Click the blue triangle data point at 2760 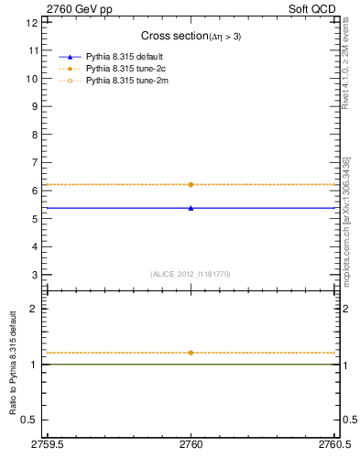click(191, 208)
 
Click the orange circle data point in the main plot click(191, 185)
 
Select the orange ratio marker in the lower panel click(191, 353)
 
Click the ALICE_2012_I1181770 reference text click(191, 274)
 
